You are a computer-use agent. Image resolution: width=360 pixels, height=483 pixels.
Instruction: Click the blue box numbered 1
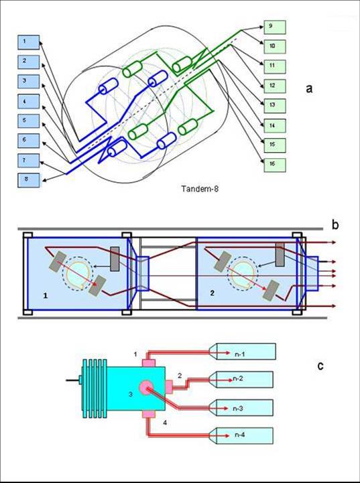point(29,42)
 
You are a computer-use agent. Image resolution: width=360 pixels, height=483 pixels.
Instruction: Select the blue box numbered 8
point(29,180)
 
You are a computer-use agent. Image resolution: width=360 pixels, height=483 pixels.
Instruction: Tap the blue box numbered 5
point(29,121)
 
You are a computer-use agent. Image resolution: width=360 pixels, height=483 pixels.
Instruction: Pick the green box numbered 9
point(275,27)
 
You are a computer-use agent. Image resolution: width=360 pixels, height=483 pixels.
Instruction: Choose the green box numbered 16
point(275,165)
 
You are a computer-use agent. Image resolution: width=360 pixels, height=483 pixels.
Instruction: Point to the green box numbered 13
point(275,106)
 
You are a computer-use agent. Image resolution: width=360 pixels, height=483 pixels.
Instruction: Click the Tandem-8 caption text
point(200,189)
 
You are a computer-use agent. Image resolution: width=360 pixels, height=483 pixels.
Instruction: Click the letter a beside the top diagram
point(309,88)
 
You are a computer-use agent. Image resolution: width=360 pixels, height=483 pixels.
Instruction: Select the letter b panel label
point(335,225)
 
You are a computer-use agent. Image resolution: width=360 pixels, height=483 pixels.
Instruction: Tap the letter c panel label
point(321,366)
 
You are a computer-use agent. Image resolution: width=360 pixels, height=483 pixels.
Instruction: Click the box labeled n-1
point(242,352)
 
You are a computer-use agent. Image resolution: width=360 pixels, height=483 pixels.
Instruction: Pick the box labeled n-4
point(241,435)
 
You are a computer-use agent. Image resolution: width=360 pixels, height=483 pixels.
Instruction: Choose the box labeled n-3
point(241,408)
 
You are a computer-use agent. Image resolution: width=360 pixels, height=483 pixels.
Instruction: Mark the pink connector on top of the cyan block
point(148,362)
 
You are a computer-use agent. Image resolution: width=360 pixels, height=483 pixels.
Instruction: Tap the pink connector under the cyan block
point(148,414)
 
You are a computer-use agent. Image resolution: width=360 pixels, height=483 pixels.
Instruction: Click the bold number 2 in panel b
point(212,293)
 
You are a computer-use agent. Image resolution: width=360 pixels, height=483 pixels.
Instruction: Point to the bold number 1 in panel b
point(46,296)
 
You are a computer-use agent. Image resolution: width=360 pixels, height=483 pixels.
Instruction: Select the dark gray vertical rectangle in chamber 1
point(115,259)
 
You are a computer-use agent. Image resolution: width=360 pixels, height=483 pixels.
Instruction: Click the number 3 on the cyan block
point(130,395)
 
